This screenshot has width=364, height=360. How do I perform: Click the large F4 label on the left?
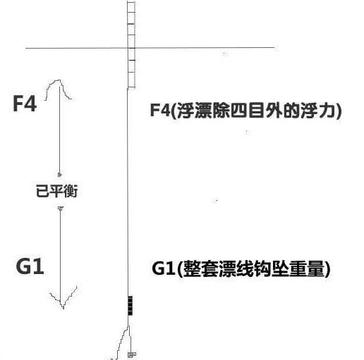[25, 104]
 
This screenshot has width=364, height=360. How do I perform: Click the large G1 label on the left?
[30, 266]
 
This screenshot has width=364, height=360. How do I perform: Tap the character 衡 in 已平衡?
[71, 191]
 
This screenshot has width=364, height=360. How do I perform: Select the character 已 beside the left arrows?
[42, 191]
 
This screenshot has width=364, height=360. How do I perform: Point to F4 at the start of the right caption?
[160, 110]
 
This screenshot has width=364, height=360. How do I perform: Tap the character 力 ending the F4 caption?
[328, 110]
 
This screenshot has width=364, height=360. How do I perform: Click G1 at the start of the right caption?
[164, 268]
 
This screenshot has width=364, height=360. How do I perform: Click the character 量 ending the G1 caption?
[315, 268]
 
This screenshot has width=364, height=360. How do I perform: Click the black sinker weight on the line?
[130, 306]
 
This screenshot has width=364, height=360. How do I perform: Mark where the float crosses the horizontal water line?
[131, 48]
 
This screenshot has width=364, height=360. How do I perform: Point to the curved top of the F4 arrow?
[57, 81]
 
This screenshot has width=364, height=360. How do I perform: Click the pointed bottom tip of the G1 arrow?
[63, 308]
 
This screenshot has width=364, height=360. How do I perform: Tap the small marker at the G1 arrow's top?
[61, 208]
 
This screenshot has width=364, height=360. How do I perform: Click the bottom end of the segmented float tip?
[131, 88]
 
